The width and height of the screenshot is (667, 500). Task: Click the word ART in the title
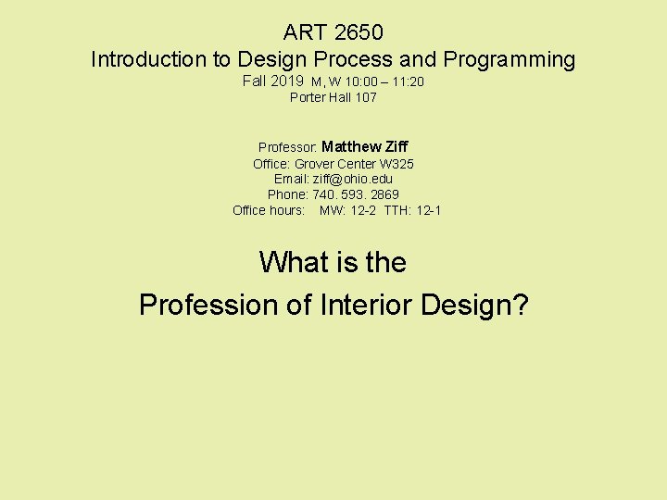tap(303, 32)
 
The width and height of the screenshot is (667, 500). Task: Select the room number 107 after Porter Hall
tap(365, 97)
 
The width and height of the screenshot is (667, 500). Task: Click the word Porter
tap(308, 97)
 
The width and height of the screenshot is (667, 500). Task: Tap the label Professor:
tap(288, 147)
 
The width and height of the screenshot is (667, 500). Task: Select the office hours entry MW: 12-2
tap(348, 210)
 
